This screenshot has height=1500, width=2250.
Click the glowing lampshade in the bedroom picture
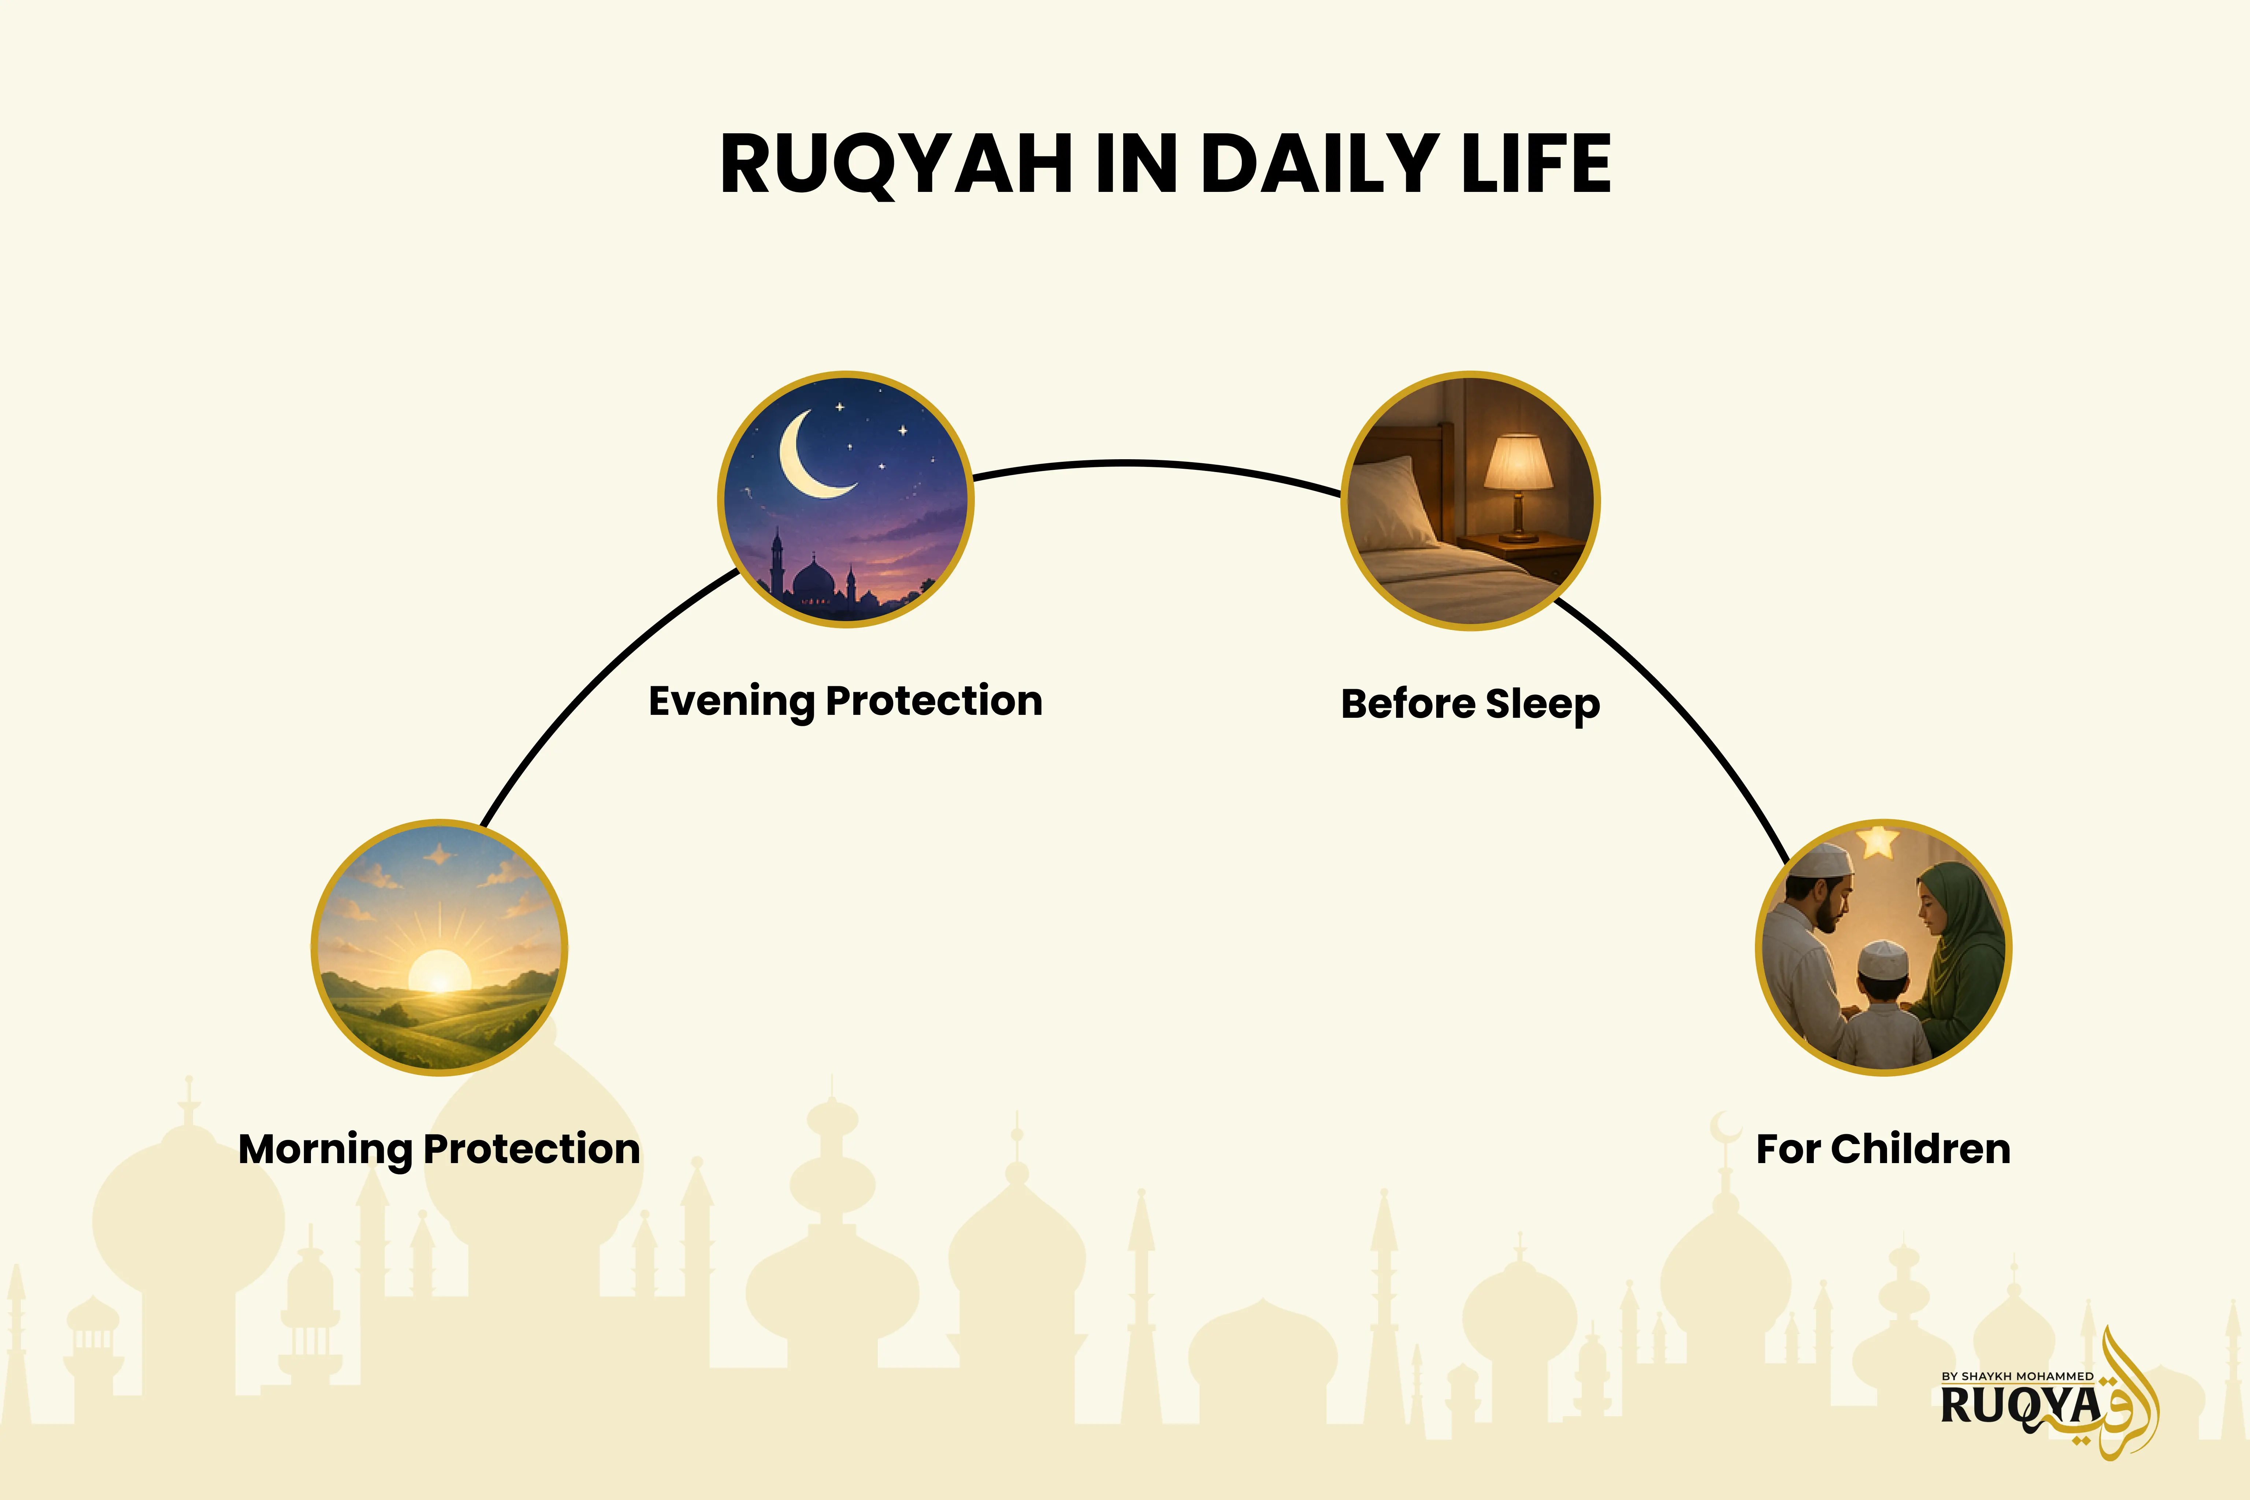click(1517, 462)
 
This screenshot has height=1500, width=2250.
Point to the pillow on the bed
click(1397, 500)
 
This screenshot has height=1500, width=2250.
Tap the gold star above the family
click(1878, 842)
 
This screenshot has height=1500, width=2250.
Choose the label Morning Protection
click(439, 1149)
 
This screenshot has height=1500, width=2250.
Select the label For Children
click(1883, 1149)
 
